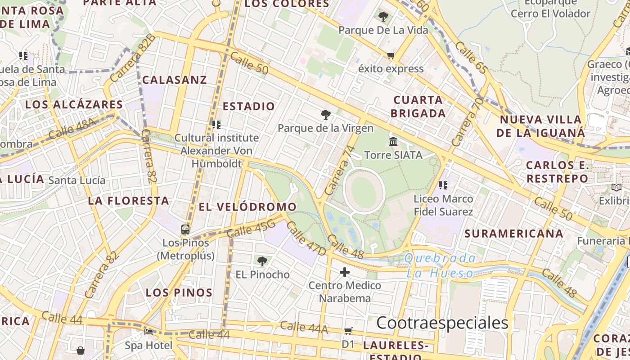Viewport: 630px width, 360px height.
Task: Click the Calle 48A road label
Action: pyautogui.click(x=72, y=128)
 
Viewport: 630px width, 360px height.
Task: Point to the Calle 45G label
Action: pyautogui.click(x=251, y=227)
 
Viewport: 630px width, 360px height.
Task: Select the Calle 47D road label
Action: pyautogui.click(x=306, y=238)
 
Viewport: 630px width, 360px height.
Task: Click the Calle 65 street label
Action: pyautogui.click(x=471, y=57)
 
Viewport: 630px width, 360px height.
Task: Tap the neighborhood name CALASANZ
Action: pyautogui.click(x=175, y=80)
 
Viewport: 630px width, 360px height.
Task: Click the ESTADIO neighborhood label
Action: pyautogui.click(x=249, y=107)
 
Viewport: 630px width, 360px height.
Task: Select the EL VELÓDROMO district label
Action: pyautogui.click(x=247, y=207)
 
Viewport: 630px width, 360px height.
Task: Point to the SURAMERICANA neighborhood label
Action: pyautogui.click(x=513, y=234)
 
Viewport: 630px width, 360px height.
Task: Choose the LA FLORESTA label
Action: pyautogui.click(x=128, y=201)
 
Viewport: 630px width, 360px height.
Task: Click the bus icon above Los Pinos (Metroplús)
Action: pyautogui.click(x=185, y=229)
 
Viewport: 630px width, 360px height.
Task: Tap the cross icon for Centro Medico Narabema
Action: pyautogui.click(x=345, y=272)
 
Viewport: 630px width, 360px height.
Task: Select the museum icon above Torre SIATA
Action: pyautogui.click(x=393, y=142)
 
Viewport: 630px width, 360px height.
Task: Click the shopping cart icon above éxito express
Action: pyautogui.click(x=391, y=56)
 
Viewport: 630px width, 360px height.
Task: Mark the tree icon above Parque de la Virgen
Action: pyautogui.click(x=325, y=115)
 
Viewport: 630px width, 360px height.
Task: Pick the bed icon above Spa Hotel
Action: pyautogui.click(x=148, y=333)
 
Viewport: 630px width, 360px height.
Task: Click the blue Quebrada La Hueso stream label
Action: pyautogui.click(x=440, y=265)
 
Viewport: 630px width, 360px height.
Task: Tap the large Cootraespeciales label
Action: pyautogui.click(x=442, y=323)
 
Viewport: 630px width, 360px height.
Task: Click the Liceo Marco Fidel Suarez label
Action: pyautogui.click(x=443, y=205)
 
